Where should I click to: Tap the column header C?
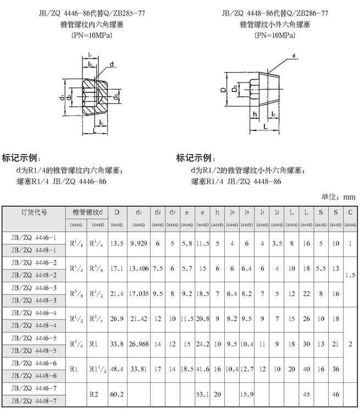coord(350,212)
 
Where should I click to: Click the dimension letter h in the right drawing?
coord(255,114)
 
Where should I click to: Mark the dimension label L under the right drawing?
coord(266,126)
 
